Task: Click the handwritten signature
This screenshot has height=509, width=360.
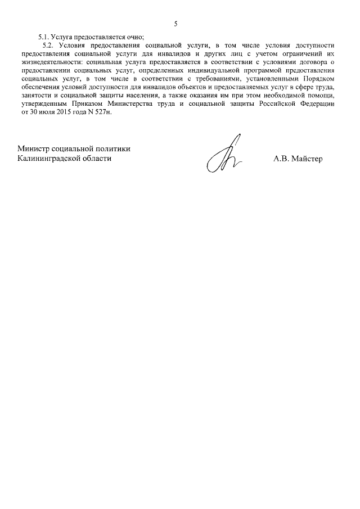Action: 222,155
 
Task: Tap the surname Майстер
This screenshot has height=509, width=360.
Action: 308,159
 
